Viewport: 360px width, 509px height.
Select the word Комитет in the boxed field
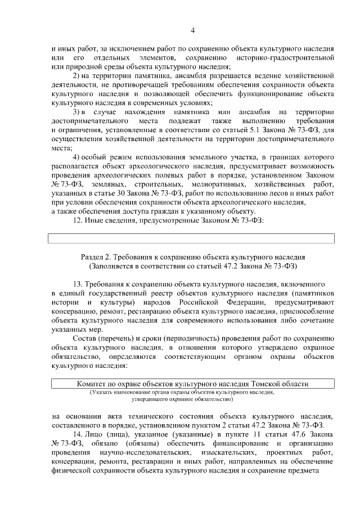pyautogui.click(x=92, y=384)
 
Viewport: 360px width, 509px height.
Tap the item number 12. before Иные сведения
pyautogui.click(x=79, y=219)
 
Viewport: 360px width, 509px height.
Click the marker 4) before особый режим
pyautogui.click(x=79, y=156)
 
